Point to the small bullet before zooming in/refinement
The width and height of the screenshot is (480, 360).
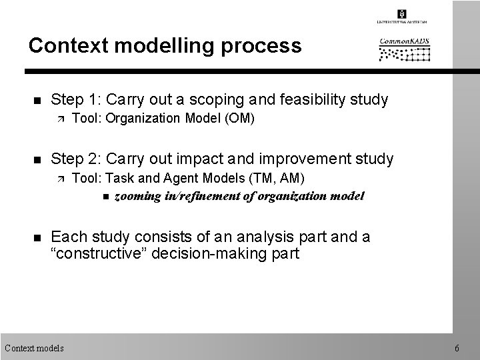[x=107, y=197]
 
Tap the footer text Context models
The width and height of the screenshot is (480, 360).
[x=34, y=347]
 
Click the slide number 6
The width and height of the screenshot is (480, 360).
[x=456, y=347]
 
